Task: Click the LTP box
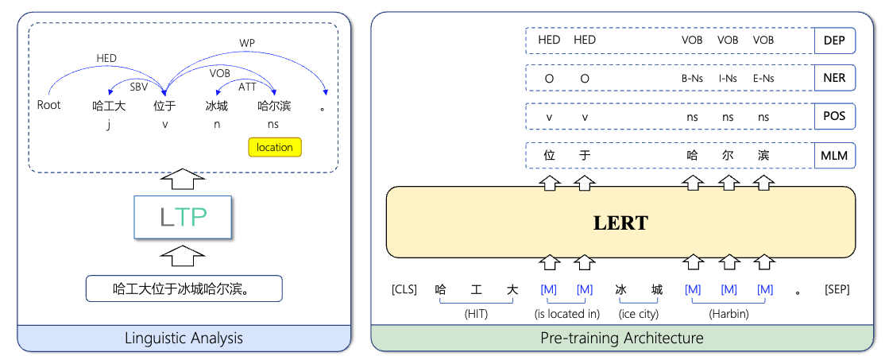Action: [184, 218]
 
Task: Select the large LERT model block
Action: [620, 223]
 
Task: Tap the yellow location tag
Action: [275, 147]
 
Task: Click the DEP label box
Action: [834, 41]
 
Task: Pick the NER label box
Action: [834, 78]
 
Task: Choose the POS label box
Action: [834, 117]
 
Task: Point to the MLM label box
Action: [834, 156]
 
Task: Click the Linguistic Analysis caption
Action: [184, 339]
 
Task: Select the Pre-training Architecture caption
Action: [620, 339]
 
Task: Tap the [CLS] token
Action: [404, 290]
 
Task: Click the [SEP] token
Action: [837, 290]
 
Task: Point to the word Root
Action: [49, 105]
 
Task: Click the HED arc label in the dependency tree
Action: [106, 58]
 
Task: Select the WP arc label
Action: [247, 42]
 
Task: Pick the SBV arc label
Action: [139, 85]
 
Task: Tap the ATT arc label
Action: [247, 87]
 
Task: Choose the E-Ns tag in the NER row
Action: [763, 78]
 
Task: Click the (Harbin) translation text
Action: [728, 314]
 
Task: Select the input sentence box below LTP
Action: [184, 288]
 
